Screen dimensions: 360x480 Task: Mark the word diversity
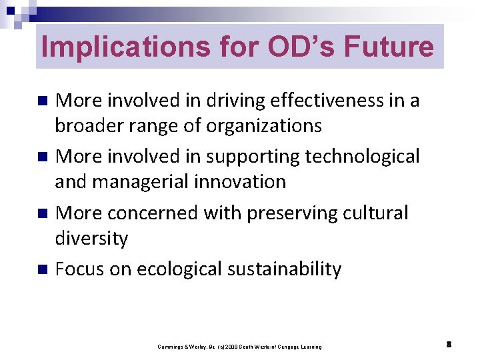[91, 237]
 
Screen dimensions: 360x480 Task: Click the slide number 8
[449, 344]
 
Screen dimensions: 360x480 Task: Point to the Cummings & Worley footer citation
[239, 347]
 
